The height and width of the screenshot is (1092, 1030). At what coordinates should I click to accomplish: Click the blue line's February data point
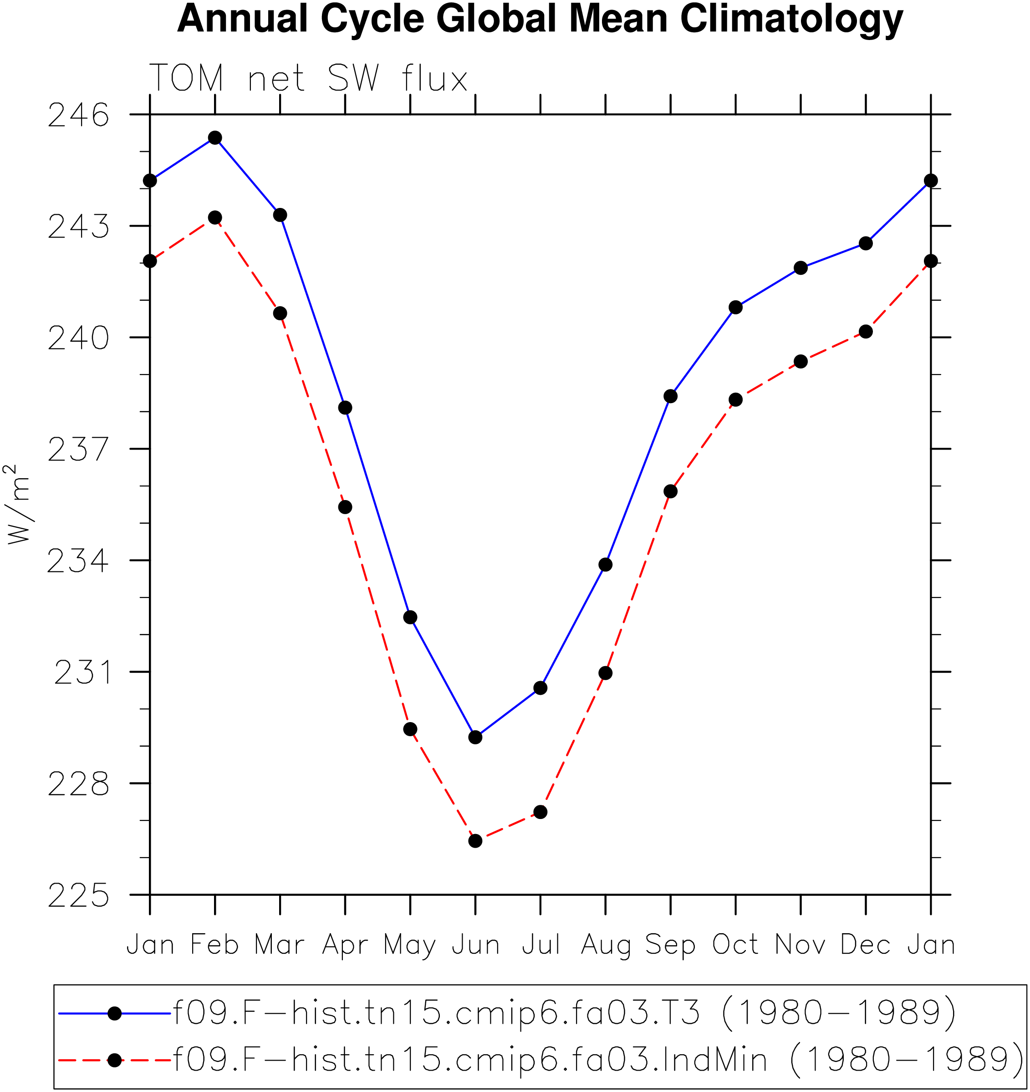click(x=215, y=137)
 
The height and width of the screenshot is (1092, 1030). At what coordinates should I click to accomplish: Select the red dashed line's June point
click(x=475, y=841)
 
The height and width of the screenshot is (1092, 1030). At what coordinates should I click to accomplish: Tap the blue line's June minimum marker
click(x=475, y=737)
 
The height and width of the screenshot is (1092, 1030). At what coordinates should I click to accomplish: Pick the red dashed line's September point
click(x=671, y=491)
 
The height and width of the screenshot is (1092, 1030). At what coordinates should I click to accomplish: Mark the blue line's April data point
click(x=345, y=408)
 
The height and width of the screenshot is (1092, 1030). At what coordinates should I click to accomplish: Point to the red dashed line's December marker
click(x=866, y=331)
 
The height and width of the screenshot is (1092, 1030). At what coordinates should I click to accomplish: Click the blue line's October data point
click(x=735, y=307)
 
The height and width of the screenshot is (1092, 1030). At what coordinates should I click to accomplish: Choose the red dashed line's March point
click(x=280, y=313)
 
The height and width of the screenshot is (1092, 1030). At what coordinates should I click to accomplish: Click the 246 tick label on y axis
click(x=79, y=116)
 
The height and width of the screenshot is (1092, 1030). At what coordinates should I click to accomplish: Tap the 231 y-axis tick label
click(x=82, y=672)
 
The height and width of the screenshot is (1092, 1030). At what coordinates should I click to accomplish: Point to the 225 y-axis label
click(x=79, y=896)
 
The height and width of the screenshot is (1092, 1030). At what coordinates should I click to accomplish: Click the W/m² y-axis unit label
click(x=18, y=504)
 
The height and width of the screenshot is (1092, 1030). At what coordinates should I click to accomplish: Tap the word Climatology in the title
click(x=791, y=20)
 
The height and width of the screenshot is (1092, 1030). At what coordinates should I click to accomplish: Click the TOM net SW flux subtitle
click(x=308, y=78)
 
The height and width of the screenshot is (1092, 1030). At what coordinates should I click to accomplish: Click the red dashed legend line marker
click(x=114, y=1060)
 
